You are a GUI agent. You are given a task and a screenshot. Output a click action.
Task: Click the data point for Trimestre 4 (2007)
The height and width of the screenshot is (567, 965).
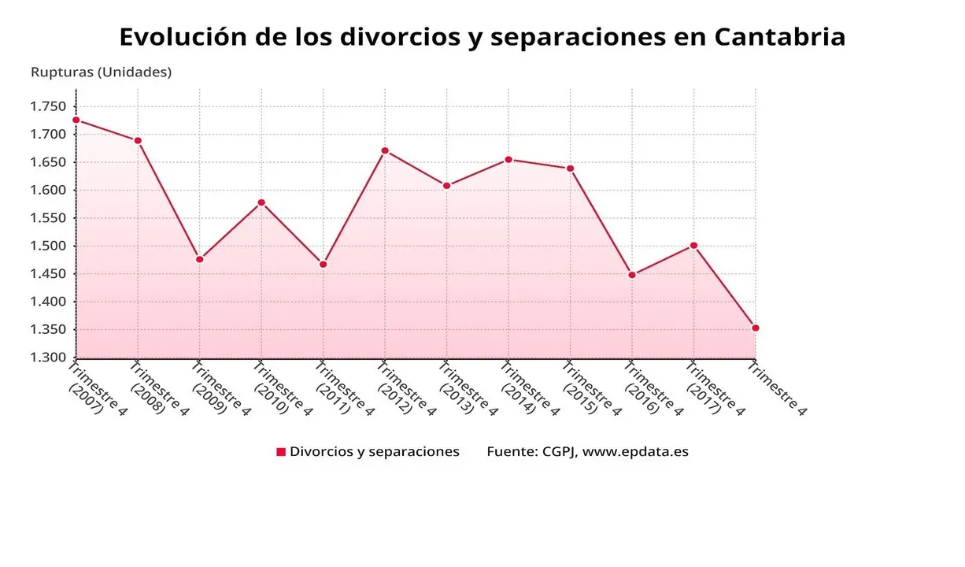pyautogui.click(x=76, y=120)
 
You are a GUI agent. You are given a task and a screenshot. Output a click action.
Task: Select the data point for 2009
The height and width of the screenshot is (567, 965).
pyautogui.click(x=200, y=259)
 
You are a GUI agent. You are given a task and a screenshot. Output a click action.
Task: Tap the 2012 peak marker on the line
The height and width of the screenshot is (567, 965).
pyautogui.click(x=385, y=150)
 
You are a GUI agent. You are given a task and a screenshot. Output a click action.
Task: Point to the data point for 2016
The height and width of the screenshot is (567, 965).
pyautogui.click(x=632, y=275)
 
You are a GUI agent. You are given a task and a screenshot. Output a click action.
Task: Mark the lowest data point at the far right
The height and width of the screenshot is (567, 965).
pyautogui.click(x=756, y=328)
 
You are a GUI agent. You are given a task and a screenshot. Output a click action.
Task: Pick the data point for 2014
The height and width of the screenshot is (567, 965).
pyautogui.click(x=508, y=160)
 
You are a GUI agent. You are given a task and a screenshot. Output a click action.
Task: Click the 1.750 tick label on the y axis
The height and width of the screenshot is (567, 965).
pyautogui.click(x=49, y=106)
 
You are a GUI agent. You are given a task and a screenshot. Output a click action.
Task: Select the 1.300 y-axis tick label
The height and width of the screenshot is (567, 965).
pyautogui.click(x=49, y=358)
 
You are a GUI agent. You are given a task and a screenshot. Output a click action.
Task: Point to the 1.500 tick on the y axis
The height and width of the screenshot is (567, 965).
pyautogui.click(x=49, y=246)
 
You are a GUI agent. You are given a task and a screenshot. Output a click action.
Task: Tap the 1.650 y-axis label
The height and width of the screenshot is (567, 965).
pyautogui.click(x=49, y=162)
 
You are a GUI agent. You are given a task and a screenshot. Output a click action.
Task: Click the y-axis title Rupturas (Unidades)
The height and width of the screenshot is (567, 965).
pyautogui.click(x=101, y=72)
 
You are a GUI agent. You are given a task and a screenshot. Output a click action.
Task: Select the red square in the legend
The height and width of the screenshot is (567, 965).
pyautogui.click(x=281, y=452)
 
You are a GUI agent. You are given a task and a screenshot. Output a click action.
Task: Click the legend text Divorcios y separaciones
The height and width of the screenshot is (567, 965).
pyautogui.click(x=375, y=452)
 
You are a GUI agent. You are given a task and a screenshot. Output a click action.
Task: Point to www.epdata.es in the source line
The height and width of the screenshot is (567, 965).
pyautogui.click(x=635, y=452)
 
